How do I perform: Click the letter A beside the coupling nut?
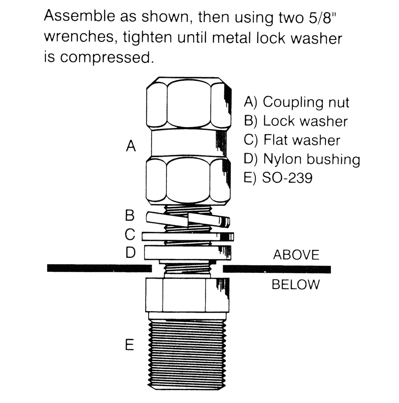(131, 146)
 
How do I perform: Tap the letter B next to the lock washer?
(130, 215)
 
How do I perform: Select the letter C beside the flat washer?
(130, 234)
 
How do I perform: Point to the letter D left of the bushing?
(130, 253)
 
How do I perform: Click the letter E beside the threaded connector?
(130, 345)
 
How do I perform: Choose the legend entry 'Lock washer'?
(296, 121)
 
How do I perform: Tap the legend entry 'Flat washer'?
(292, 140)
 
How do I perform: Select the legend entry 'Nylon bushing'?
(302, 159)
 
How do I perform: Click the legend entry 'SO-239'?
(278, 178)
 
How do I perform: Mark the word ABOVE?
(296, 255)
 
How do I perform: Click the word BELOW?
(296, 285)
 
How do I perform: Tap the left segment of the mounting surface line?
(99, 268)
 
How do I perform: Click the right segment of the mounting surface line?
(277, 269)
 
